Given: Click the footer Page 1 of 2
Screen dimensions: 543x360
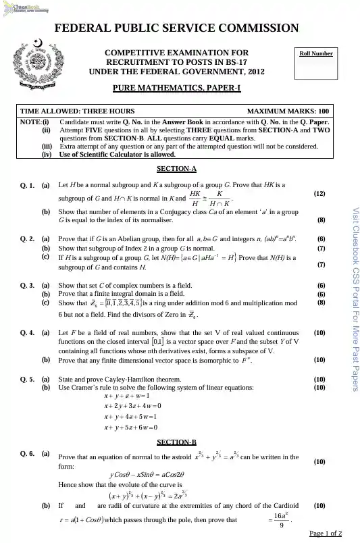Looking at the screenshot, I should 325,534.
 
